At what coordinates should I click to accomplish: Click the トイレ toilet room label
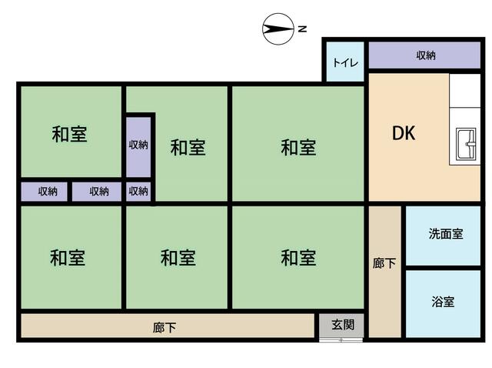[x=345, y=62]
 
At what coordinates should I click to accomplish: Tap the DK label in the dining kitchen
[x=404, y=133]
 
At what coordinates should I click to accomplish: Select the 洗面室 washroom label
[x=446, y=234]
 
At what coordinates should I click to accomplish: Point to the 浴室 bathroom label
[x=443, y=302]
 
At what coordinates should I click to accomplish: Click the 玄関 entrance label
[x=343, y=325]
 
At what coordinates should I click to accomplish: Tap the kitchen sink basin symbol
[x=466, y=144]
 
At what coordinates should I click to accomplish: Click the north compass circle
[x=278, y=29]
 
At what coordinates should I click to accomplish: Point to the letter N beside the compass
[x=302, y=29]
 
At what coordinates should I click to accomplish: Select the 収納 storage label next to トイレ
[x=426, y=55]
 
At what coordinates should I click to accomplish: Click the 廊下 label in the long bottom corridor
[x=164, y=328]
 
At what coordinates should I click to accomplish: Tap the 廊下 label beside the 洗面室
[x=384, y=263]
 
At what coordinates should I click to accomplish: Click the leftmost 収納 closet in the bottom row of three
[x=45, y=192]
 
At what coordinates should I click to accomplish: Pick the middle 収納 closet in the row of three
[x=97, y=192]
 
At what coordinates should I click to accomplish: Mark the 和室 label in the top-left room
[x=69, y=134]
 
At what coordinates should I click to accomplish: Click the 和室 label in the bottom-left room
[x=68, y=258]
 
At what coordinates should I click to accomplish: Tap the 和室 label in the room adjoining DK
[x=298, y=148]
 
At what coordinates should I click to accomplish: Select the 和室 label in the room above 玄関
[x=298, y=258]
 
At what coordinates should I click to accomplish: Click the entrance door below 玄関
[x=341, y=340]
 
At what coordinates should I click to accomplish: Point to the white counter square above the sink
[x=464, y=91]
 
